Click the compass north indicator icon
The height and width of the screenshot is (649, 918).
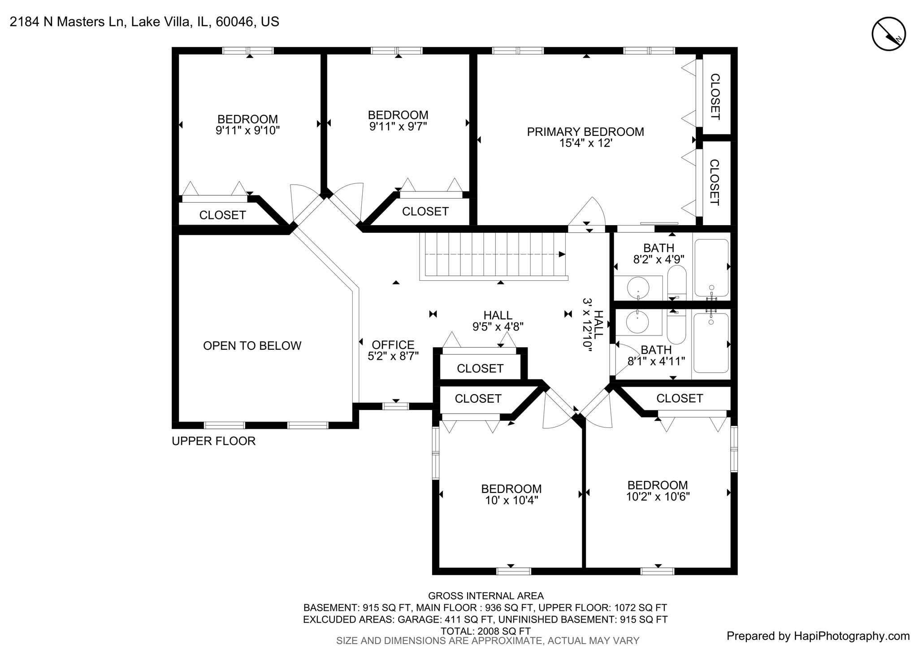point(888,34)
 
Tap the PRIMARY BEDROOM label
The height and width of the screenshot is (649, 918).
point(585,132)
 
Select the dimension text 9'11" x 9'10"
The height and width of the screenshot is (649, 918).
point(247,131)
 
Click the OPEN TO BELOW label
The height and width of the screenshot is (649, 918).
point(252,346)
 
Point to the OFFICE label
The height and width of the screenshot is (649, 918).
point(393,344)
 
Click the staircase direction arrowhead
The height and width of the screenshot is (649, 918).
point(562,254)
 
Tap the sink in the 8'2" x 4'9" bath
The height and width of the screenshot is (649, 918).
point(638,288)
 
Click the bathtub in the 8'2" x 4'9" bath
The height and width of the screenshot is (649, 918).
point(711,267)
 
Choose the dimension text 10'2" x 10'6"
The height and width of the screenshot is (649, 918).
point(658,497)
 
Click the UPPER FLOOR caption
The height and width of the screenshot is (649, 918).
point(213,441)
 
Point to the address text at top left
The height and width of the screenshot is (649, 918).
point(144,22)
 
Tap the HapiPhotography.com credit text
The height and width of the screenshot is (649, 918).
point(818,636)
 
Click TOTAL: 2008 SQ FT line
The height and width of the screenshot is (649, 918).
point(485,631)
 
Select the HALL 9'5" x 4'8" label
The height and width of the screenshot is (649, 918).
point(498,321)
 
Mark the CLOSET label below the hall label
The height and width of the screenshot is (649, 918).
point(480,368)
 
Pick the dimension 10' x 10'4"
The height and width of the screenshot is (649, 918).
point(511,500)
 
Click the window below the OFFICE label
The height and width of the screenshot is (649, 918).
point(395,406)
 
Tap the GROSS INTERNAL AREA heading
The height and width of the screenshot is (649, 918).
point(485,596)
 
